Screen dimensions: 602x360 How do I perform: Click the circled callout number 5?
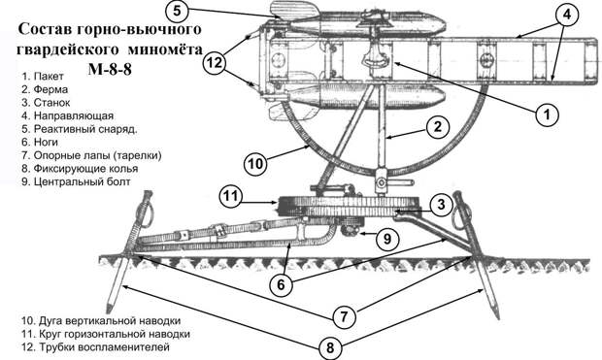[x=177, y=11]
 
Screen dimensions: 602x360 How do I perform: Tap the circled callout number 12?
[x=215, y=62]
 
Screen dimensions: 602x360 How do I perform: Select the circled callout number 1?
[x=548, y=114]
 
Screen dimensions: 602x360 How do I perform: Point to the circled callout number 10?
[x=255, y=164]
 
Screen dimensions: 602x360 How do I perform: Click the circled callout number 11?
[x=231, y=197]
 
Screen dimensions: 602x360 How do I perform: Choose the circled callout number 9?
[x=387, y=239]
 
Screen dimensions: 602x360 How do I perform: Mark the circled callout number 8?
[x=330, y=347]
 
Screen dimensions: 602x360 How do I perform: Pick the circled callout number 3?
[x=441, y=204]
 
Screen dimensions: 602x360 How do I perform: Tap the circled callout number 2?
[x=438, y=127]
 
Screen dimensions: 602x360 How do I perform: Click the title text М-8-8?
[x=110, y=70]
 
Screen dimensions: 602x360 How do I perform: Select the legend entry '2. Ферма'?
[x=45, y=89]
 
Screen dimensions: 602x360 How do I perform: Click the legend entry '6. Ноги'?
[x=40, y=142]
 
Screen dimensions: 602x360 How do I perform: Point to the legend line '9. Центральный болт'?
[x=76, y=181]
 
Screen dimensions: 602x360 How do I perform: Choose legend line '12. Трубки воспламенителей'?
[x=95, y=347]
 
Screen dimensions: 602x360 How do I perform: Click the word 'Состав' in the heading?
[x=46, y=29]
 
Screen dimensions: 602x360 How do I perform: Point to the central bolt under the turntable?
[x=352, y=227]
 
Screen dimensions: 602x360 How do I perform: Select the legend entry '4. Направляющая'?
[x=68, y=115]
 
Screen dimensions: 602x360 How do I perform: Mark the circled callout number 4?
[x=567, y=15]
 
